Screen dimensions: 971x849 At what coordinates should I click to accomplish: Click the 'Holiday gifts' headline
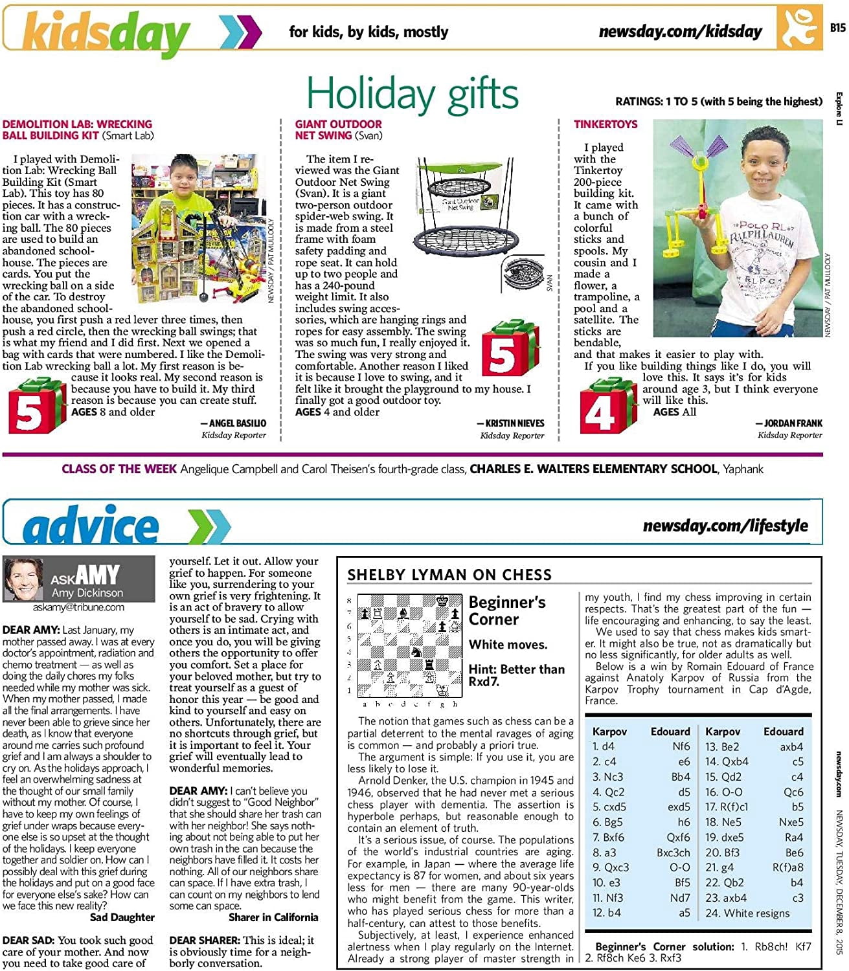coord(412,94)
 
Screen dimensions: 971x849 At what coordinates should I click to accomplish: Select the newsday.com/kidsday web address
coord(680,31)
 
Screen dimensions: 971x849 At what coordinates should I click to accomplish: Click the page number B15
coord(837,28)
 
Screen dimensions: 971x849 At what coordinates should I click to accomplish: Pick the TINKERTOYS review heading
coord(606,124)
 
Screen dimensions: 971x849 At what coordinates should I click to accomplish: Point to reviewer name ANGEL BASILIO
coord(237,423)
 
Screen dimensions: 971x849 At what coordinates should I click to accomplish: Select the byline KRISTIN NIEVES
coord(515,423)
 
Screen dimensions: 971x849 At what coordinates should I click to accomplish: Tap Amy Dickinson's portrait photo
coord(24,579)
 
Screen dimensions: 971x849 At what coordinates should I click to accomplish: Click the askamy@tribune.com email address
coord(78,608)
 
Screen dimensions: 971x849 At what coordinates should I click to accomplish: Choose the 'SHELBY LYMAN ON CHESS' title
coord(449,575)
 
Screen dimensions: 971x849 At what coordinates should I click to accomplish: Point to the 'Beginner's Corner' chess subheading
coord(507,610)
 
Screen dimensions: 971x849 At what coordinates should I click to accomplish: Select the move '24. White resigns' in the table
coord(747,913)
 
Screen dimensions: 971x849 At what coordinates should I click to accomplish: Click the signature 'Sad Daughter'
coord(122,917)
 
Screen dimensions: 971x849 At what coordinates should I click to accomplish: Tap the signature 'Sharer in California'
coord(273,917)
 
